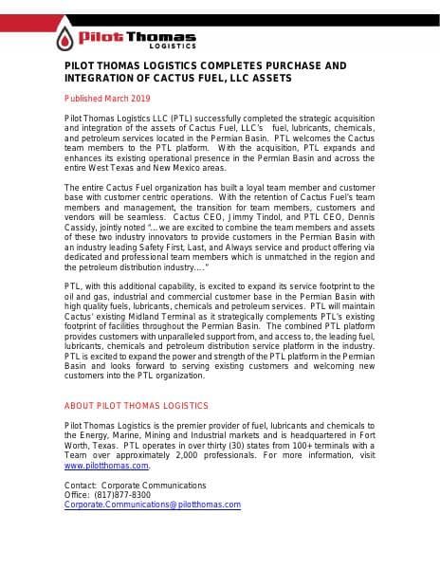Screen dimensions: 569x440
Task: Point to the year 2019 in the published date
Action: click(139, 98)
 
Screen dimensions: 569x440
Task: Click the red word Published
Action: click(82, 98)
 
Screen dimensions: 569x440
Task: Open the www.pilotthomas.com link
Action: click(106, 466)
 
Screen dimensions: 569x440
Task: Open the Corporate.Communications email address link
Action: click(152, 505)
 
